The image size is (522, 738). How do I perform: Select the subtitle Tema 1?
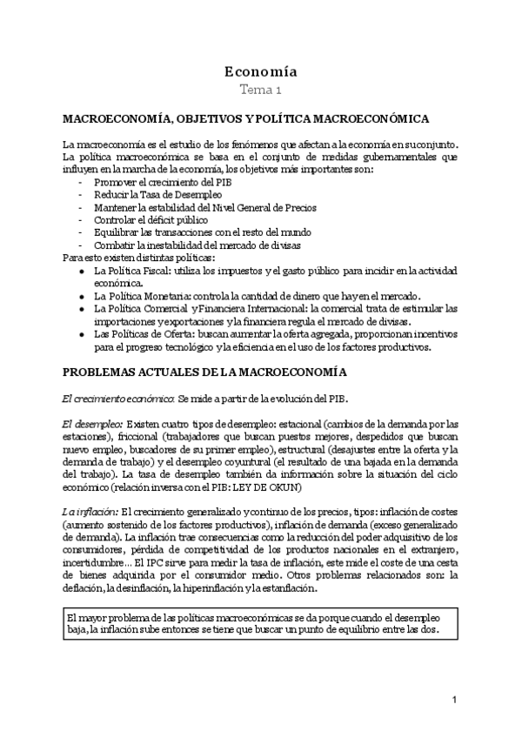pyautogui.click(x=261, y=89)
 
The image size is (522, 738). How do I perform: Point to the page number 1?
pyautogui.click(x=454, y=700)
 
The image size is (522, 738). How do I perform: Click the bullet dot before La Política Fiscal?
pyautogui.click(x=81, y=272)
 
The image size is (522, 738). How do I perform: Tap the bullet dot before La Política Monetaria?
pyautogui.click(x=81, y=296)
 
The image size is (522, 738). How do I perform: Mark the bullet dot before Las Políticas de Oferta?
pyautogui.click(x=81, y=334)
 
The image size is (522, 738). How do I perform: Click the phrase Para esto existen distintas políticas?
pyautogui.click(x=138, y=258)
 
